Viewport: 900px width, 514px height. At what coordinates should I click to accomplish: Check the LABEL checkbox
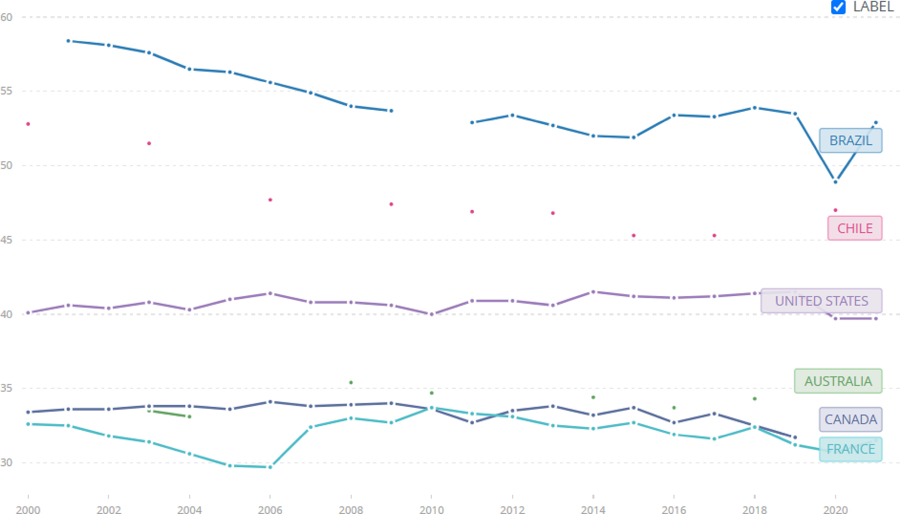tap(838, 7)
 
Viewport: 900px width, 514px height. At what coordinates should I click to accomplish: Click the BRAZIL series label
tap(851, 141)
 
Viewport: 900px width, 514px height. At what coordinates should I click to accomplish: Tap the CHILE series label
tap(855, 228)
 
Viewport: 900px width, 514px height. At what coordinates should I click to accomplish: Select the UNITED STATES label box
tap(821, 301)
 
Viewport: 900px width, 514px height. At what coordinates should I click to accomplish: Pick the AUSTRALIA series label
tap(838, 381)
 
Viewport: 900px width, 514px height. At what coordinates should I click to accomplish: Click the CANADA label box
tap(851, 419)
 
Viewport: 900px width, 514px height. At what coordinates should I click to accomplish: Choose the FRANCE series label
tap(851, 449)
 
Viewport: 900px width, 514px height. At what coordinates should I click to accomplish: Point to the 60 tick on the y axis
tap(6, 17)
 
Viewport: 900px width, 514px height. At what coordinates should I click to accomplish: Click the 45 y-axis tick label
tap(6, 240)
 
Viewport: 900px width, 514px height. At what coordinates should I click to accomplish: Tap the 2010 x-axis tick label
tap(431, 510)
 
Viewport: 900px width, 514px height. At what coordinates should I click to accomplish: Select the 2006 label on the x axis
tap(270, 510)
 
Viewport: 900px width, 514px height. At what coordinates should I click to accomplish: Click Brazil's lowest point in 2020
tap(835, 182)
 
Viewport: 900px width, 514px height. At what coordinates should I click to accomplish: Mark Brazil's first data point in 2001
tap(68, 41)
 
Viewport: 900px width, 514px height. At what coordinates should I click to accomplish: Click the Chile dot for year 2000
tap(28, 124)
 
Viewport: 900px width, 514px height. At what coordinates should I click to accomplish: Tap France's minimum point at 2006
tap(270, 467)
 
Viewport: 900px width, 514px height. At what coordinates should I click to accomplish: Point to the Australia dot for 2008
tap(351, 382)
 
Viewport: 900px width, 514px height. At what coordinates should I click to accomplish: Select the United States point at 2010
tap(431, 314)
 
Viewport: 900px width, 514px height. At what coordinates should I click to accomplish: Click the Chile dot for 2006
tap(270, 200)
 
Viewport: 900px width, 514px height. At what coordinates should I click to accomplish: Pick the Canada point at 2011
tap(472, 423)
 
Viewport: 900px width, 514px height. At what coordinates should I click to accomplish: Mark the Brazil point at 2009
tap(391, 111)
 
